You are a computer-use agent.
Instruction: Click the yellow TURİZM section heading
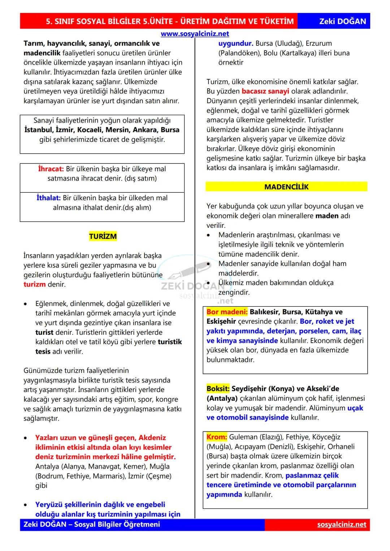tap(103, 237)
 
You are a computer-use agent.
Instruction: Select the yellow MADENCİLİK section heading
tap(286, 187)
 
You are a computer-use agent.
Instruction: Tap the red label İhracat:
tap(51, 169)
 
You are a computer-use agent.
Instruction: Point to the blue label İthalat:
tap(48, 198)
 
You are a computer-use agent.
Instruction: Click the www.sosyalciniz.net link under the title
tap(195, 34)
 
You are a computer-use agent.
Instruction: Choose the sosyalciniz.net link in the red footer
tap(342, 525)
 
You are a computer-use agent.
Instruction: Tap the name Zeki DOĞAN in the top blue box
tap(342, 21)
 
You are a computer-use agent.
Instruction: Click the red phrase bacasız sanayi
tap(265, 91)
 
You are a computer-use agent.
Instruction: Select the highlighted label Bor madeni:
tap(227, 312)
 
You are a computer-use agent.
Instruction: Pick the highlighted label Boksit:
tap(218, 389)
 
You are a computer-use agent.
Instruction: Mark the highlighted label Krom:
tap(217, 437)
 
